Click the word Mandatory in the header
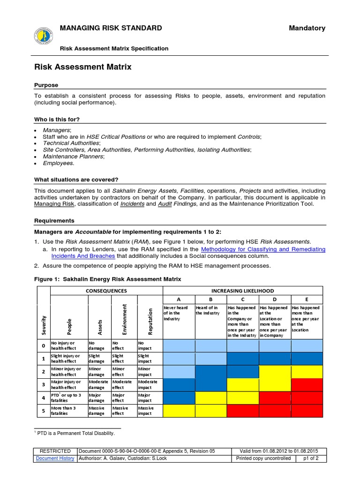click(307, 28)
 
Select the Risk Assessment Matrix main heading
click(83, 67)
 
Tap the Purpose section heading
click(46, 85)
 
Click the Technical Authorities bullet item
click(71, 143)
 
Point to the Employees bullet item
click(59, 163)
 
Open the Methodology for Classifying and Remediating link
click(263, 249)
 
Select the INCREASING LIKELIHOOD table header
click(242, 291)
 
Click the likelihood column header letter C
click(242, 299)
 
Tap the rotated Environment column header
click(125, 320)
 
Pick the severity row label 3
click(43, 385)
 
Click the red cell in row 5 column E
click(307, 411)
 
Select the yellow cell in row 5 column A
click(179, 411)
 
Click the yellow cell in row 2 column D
click(275, 372)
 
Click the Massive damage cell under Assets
click(98, 411)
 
